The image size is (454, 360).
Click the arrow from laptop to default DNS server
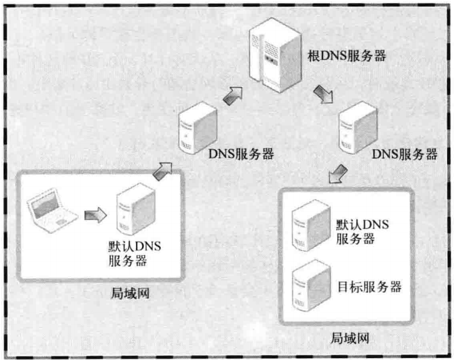[95, 215]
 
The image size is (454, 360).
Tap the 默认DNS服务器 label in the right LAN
[362, 231]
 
